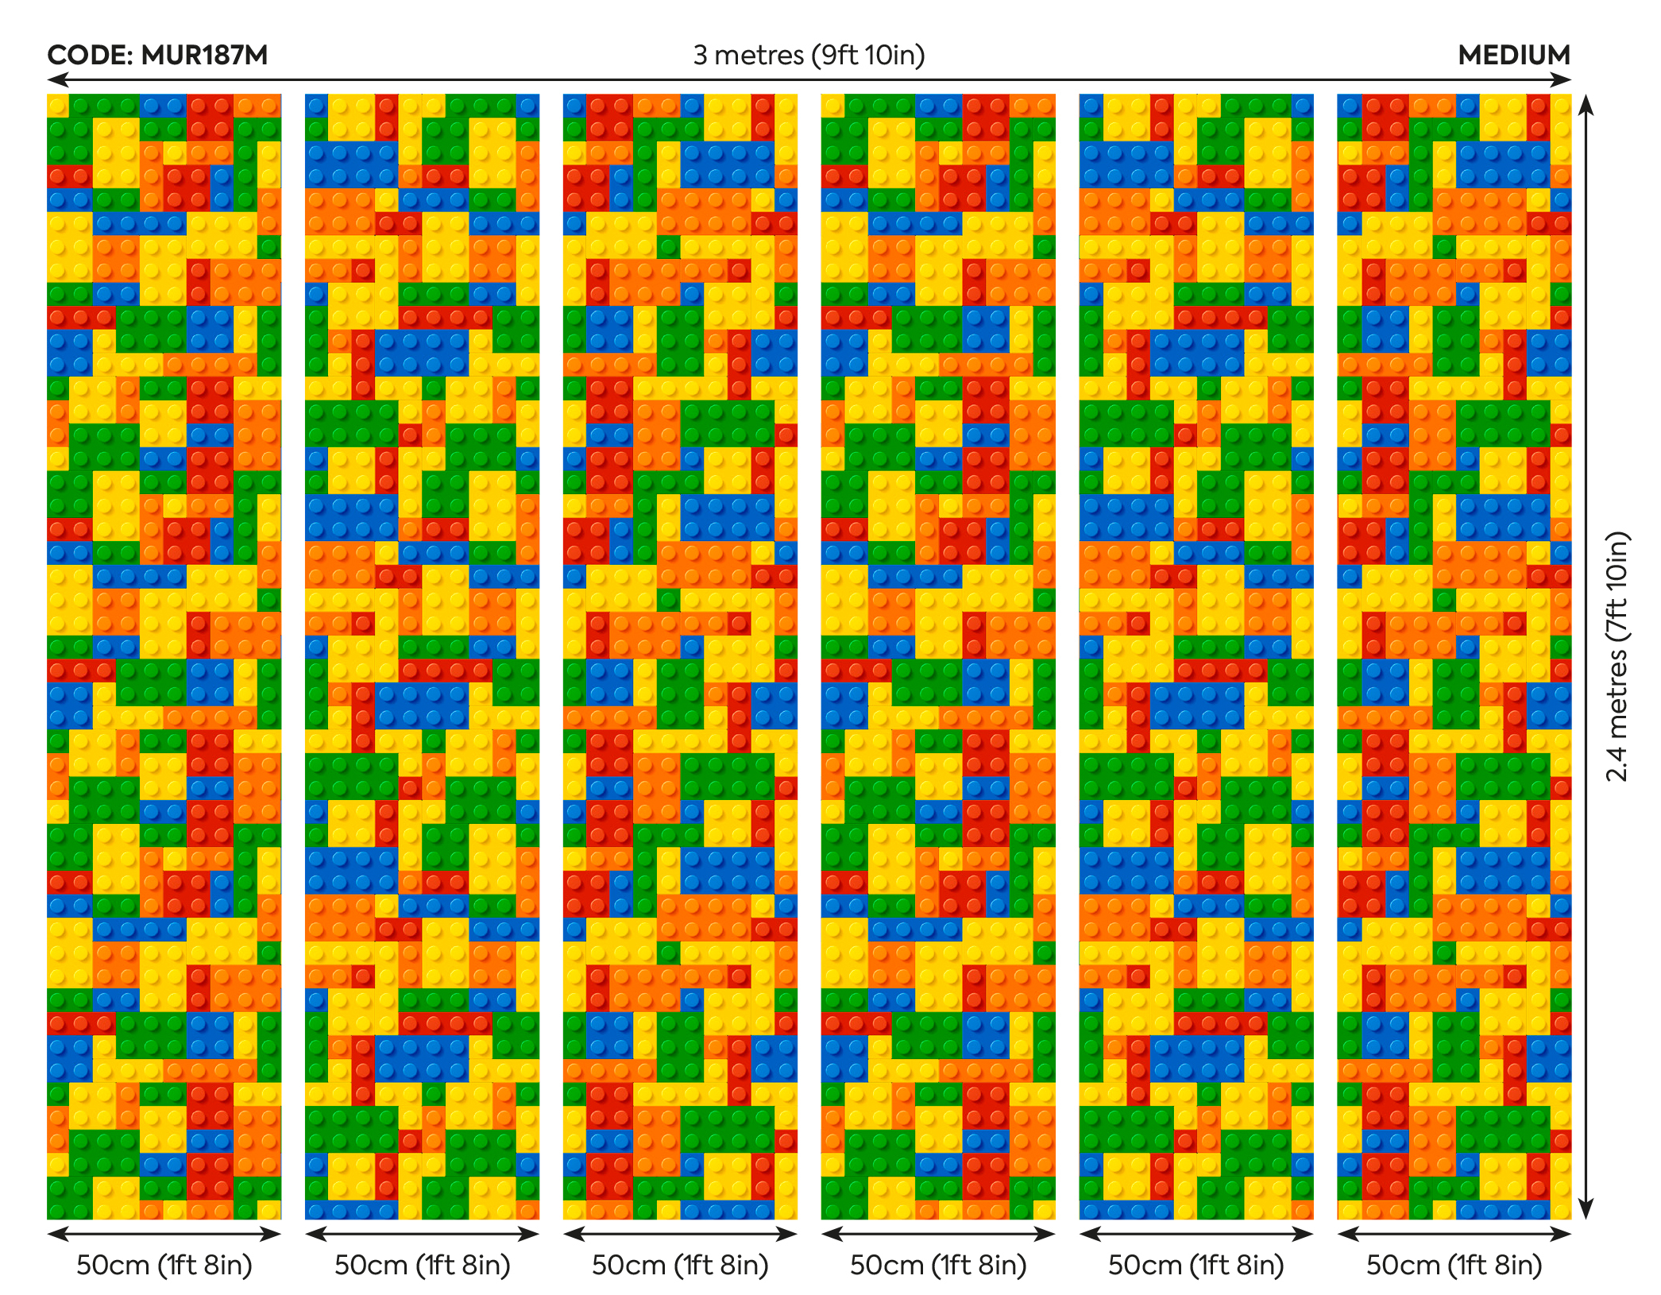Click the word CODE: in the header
(89, 55)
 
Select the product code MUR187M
(204, 55)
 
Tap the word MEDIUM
(1514, 55)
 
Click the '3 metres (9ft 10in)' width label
(809, 55)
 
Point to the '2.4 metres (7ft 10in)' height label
(1617, 656)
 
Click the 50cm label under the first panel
(164, 1265)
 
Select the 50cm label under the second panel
(422, 1265)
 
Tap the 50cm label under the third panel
(680, 1265)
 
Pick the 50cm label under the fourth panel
(938, 1265)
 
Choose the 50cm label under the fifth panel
(1196, 1265)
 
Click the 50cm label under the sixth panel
(1454, 1265)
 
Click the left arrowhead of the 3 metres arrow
(54, 79)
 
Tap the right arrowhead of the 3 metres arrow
(1564, 79)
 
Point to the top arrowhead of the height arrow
(1586, 102)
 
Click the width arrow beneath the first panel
(164, 1234)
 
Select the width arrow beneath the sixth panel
(1454, 1234)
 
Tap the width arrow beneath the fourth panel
(938, 1234)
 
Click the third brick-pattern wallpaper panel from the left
(680, 656)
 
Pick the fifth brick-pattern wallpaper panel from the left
(1196, 656)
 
